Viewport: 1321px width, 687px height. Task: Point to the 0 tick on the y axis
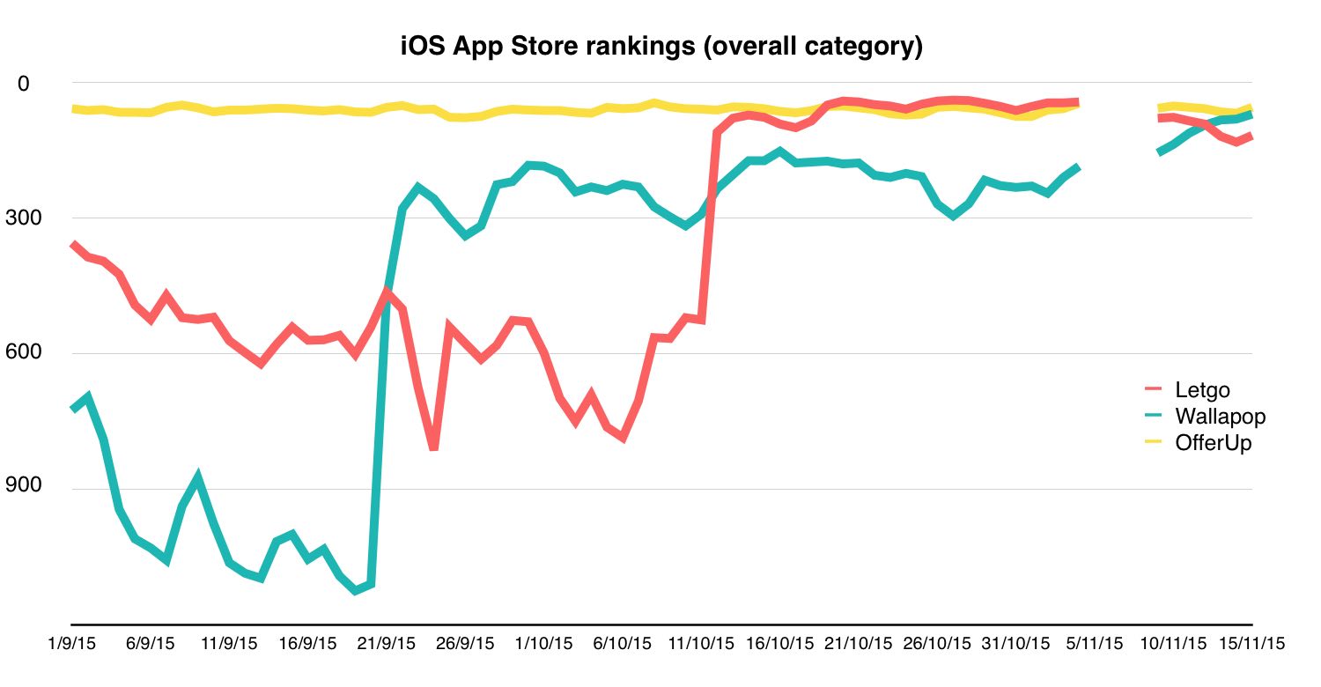tap(24, 84)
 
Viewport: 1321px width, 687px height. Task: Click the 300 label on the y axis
tap(24, 218)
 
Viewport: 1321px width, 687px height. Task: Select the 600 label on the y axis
tap(24, 351)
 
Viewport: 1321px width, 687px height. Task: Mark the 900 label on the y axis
tap(24, 484)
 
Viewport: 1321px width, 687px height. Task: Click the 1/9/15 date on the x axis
tap(72, 643)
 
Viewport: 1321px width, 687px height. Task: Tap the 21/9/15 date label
tap(387, 643)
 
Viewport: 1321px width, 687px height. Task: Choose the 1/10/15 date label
tap(543, 643)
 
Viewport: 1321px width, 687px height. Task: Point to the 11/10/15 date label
tap(701, 643)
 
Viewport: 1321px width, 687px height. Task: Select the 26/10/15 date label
tap(936, 643)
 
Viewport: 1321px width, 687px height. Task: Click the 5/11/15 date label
tap(1095, 643)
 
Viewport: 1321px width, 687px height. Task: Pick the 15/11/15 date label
tap(1252, 643)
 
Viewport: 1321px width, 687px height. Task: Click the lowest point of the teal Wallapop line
tap(355, 590)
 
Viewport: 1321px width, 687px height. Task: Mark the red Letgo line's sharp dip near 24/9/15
tap(433, 448)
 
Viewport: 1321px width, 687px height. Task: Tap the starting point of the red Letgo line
tap(72, 244)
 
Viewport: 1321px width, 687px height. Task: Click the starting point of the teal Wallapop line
tap(72, 409)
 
